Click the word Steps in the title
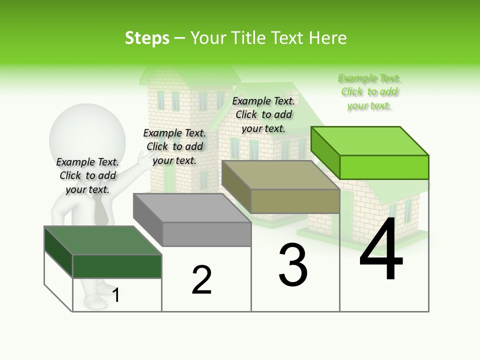[x=147, y=38]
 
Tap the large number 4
[x=381, y=250]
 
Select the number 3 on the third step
[x=293, y=265]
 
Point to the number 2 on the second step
[x=202, y=280]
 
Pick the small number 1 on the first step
[x=116, y=295]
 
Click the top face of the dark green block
[x=102, y=240]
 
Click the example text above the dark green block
[x=87, y=175]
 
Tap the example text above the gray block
[x=174, y=146]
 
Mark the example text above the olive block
[x=263, y=114]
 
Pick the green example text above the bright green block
[x=369, y=92]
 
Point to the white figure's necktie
[x=101, y=210]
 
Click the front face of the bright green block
[x=384, y=167]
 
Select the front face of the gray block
[x=206, y=234]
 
